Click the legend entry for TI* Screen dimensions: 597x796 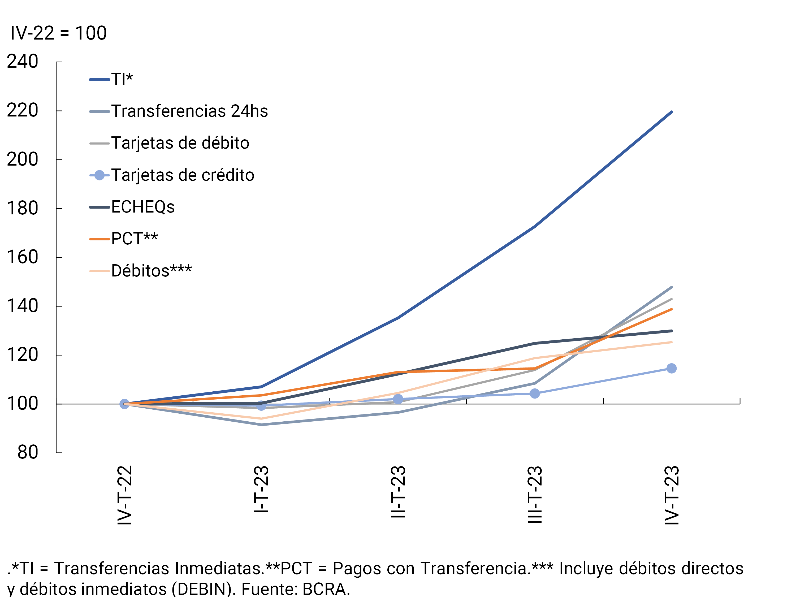click(x=122, y=79)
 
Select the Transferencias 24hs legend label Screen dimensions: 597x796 click(x=189, y=111)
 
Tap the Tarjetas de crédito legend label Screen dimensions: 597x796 click(x=183, y=175)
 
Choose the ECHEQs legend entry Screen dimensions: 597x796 click(x=142, y=207)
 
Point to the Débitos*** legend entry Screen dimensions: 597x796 click(x=151, y=271)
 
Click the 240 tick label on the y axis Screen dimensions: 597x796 click(x=22, y=62)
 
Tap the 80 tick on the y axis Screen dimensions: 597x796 click(x=27, y=452)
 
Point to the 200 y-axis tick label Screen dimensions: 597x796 click(x=22, y=159)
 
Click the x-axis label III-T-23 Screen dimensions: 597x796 click(x=535, y=494)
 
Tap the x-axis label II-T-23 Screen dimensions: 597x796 click(x=398, y=492)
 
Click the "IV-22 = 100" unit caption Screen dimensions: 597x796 click(x=59, y=33)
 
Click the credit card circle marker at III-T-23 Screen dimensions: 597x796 click(x=535, y=393)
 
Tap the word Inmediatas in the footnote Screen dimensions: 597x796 click(x=219, y=569)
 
